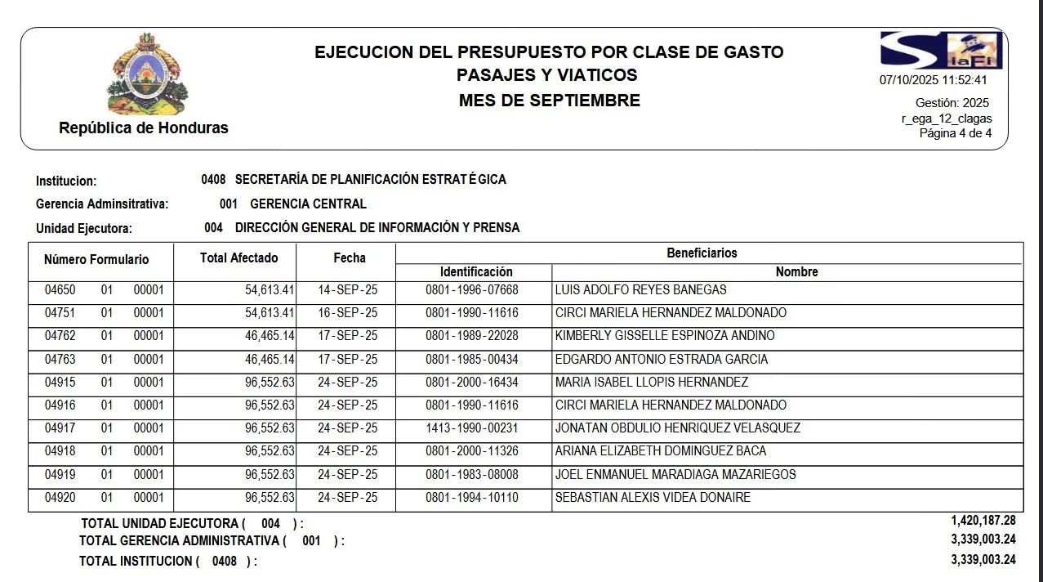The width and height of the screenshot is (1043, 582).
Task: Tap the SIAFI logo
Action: (941, 50)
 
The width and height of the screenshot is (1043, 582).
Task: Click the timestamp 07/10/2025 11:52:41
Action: (933, 80)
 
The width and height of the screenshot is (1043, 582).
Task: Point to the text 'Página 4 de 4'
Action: (956, 133)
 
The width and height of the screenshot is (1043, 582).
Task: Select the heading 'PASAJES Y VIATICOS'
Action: (547, 75)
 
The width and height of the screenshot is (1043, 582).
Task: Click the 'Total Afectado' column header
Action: (238, 258)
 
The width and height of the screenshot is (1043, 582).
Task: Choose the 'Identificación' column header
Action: (476, 272)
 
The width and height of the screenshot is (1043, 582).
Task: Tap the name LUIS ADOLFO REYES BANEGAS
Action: (640, 290)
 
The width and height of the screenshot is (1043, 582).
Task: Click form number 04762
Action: (60, 336)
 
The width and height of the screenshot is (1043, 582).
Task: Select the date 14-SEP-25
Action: (347, 290)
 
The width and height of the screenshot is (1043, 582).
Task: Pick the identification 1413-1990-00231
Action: (472, 428)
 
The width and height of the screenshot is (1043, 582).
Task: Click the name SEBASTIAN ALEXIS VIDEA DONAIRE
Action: (653, 498)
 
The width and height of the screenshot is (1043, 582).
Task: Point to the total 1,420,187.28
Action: (983, 521)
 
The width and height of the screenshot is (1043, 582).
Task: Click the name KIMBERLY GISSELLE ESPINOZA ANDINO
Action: (665, 336)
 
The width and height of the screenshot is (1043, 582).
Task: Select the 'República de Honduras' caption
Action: (144, 128)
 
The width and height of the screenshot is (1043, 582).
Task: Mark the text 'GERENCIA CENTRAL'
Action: (308, 204)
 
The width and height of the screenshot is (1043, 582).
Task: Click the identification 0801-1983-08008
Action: (472, 475)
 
